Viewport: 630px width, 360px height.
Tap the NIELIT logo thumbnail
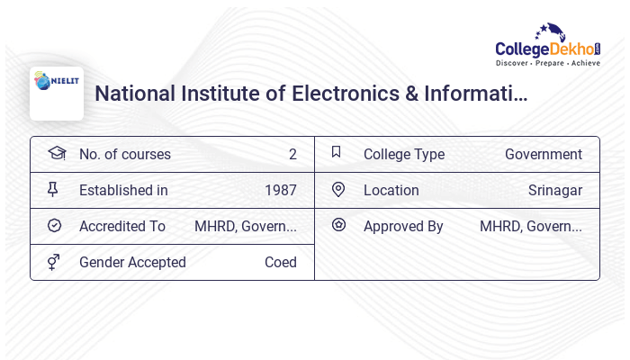coord(56,94)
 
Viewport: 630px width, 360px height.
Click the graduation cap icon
coord(56,153)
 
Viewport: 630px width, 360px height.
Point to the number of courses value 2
coord(292,154)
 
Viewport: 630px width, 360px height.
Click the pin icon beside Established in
coord(53,189)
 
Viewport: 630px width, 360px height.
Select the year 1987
coord(280,190)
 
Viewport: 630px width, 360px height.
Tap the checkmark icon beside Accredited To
coord(54,225)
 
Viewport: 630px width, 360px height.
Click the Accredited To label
coord(122,226)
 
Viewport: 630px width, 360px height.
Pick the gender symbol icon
coord(54,261)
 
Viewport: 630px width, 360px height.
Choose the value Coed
coord(280,262)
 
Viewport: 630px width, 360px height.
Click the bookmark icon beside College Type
coord(337,152)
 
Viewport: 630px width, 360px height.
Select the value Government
coord(543,154)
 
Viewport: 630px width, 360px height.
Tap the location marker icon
coord(338,189)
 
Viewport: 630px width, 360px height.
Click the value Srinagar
coord(554,190)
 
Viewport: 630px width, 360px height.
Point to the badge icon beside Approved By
coord(338,225)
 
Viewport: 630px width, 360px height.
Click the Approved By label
coord(403,226)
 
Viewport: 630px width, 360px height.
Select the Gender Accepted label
coord(132,262)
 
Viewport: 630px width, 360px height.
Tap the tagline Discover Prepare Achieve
coord(547,64)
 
